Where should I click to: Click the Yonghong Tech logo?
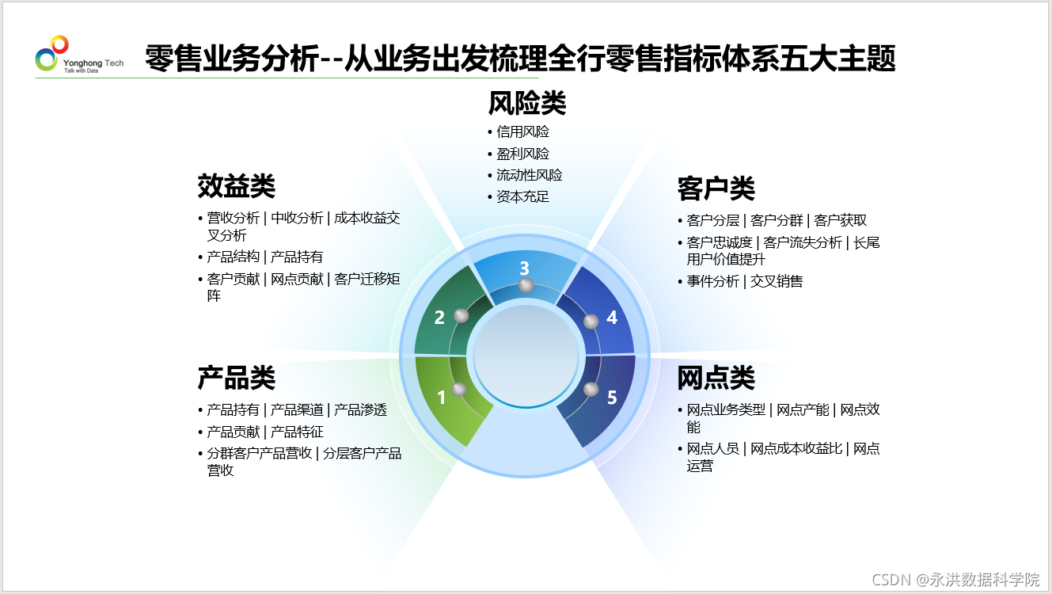pos(79,55)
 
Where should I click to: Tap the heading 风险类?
pos(527,103)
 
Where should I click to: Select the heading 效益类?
pos(236,185)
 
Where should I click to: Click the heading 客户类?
pos(716,188)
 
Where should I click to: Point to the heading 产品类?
pos(236,378)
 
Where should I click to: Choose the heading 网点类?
pos(716,378)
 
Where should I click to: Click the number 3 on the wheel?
pos(525,268)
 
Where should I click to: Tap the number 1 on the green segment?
pos(441,398)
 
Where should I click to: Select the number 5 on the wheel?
pos(612,398)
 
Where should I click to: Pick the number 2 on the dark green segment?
pos(439,318)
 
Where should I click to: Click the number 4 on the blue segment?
pos(611,318)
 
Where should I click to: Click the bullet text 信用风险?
pos(522,131)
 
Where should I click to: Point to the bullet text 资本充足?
pos(522,196)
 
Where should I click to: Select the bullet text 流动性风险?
pos(530,175)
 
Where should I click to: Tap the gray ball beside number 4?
pos(591,322)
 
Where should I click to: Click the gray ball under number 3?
pos(526,285)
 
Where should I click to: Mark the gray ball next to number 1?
pos(459,389)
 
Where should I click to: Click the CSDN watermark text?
pos(955,580)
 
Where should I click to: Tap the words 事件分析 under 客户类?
pos(713,281)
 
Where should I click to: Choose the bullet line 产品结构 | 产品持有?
pos(265,257)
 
